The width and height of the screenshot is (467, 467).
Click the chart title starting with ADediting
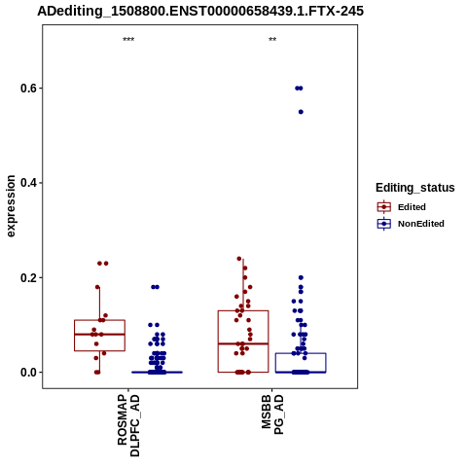coord(200,11)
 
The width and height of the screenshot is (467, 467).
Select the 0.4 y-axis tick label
coord(27,183)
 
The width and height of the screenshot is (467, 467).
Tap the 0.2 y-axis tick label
coord(27,277)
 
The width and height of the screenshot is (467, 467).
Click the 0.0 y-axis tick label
coord(27,373)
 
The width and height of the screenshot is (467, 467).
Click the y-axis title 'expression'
coord(11,206)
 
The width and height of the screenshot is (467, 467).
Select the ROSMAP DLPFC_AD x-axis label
coord(128,425)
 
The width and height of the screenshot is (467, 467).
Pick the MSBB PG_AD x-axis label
coord(272,414)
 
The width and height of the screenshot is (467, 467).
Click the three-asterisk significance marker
coord(128,40)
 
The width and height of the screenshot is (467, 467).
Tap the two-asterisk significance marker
coord(272,40)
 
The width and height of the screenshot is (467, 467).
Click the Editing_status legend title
coord(415,188)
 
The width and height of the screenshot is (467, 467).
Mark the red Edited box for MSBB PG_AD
coord(218,341)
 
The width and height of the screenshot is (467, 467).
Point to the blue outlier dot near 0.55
coord(301,112)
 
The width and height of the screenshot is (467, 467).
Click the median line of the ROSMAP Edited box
coord(99,334)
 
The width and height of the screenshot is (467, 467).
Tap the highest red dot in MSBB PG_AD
coord(239,259)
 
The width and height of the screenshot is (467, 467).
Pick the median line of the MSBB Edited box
coord(243,343)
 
